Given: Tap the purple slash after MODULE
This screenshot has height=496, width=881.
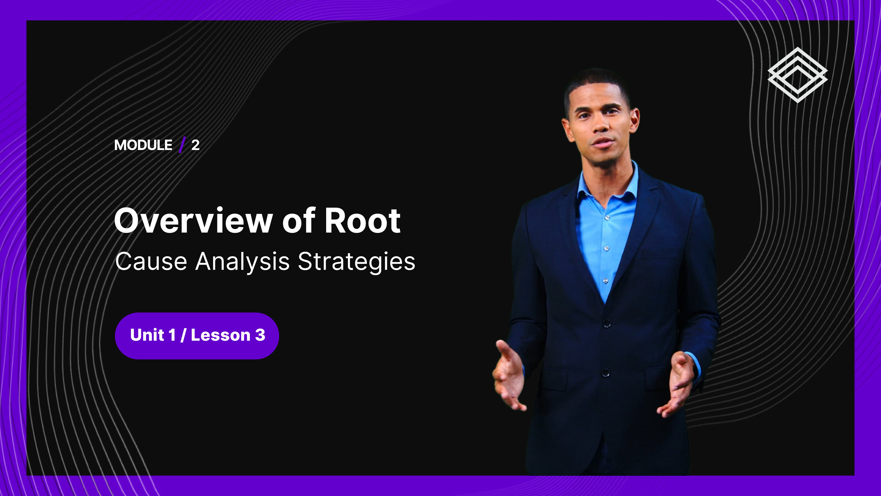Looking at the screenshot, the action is click(182, 144).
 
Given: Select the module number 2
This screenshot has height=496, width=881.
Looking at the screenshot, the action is click(195, 145).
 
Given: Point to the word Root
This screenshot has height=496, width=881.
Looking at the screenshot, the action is click(363, 221).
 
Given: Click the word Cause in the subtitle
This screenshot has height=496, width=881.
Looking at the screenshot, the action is click(151, 262).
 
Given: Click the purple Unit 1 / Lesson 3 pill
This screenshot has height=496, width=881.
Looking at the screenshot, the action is click(197, 335).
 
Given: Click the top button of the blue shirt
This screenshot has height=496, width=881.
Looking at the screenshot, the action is click(607, 217).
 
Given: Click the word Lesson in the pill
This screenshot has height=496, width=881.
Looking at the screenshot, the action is click(221, 335).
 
